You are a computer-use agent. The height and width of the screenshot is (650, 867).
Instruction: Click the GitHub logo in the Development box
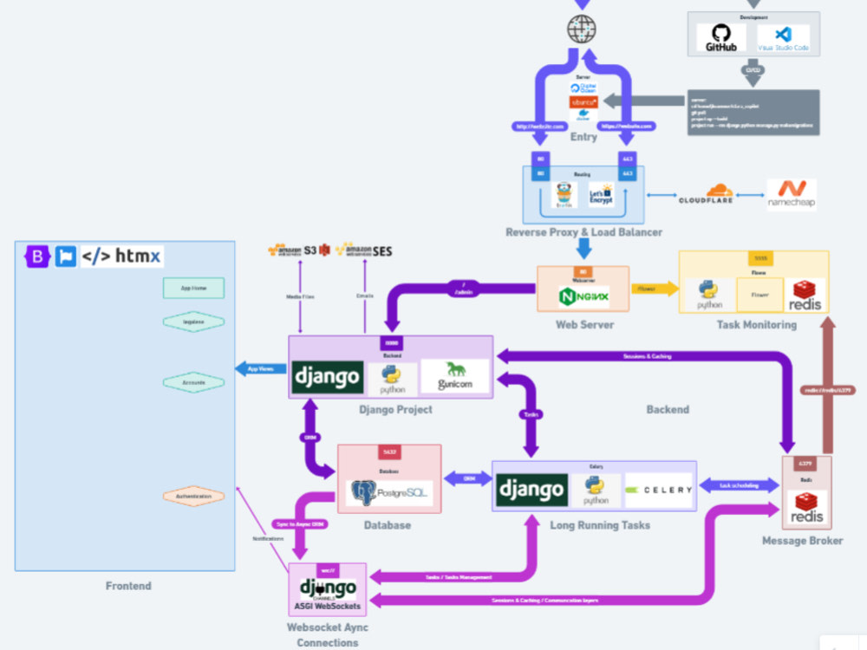(x=721, y=36)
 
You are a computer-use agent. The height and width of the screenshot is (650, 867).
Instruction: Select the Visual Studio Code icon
(x=782, y=37)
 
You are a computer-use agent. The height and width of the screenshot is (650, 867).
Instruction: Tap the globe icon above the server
(x=582, y=29)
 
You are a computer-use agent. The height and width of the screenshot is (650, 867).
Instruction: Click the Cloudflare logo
(x=706, y=194)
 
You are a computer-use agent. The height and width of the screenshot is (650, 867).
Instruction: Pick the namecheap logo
(x=792, y=194)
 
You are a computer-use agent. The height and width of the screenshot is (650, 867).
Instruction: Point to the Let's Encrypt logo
(x=601, y=194)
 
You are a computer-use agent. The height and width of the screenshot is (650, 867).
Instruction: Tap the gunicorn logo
(x=454, y=377)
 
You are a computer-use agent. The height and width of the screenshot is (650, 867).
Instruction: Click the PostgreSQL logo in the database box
(x=389, y=493)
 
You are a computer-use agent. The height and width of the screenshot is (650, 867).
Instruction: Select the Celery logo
(x=659, y=490)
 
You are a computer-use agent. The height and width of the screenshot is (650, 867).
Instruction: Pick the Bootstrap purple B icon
(x=37, y=257)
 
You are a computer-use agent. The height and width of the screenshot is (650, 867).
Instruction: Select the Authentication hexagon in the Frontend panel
(x=193, y=497)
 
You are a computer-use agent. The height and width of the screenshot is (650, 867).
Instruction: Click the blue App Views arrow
(x=260, y=368)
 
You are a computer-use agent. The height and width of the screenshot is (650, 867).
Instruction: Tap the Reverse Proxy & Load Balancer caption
(x=583, y=232)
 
